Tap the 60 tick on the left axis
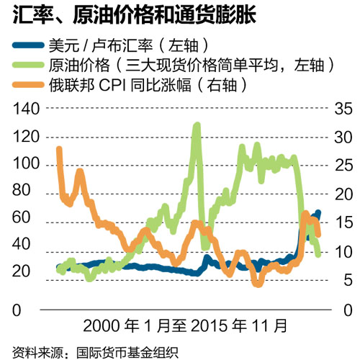pyautogui.click(x=28, y=218)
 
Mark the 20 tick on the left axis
pyautogui.click(x=28, y=271)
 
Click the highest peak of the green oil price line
pyautogui.click(x=197, y=125)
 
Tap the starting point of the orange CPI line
pyautogui.click(x=58, y=148)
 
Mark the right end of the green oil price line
pyautogui.click(x=318, y=254)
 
